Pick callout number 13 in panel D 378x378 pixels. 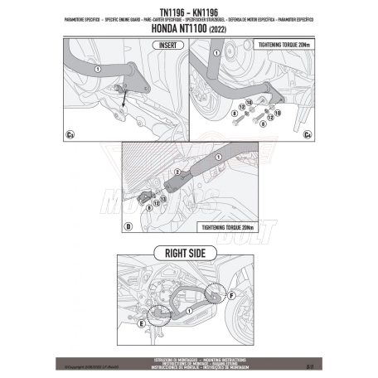(163, 198)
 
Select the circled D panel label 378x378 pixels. (128, 225)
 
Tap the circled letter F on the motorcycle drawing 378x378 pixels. (233, 292)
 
